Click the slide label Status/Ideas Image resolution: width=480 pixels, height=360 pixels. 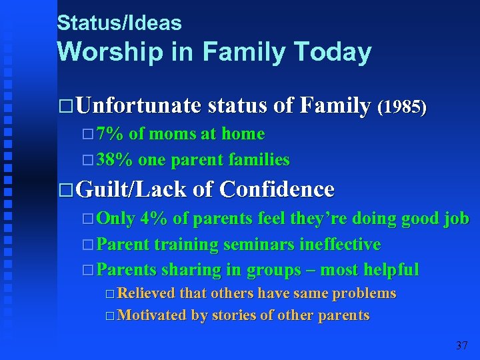[119, 23]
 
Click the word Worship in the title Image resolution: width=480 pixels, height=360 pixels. [106, 52]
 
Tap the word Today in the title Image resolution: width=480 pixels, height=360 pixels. [335, 52]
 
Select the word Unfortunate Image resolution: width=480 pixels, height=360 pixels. [139, 105]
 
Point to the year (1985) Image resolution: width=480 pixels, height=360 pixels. [401, 107]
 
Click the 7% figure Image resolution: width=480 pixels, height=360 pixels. [110, 134]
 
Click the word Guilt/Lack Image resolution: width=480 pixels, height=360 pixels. [131, 189]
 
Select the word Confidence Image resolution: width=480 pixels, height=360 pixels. [276, 189]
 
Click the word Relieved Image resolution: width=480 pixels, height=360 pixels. [145, 293]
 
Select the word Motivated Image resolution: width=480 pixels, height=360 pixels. [151, 315]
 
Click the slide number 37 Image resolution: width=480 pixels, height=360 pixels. [461, 345]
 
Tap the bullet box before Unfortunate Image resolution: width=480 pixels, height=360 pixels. [65, 107]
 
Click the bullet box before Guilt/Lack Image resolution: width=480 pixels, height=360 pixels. [65, 191]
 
